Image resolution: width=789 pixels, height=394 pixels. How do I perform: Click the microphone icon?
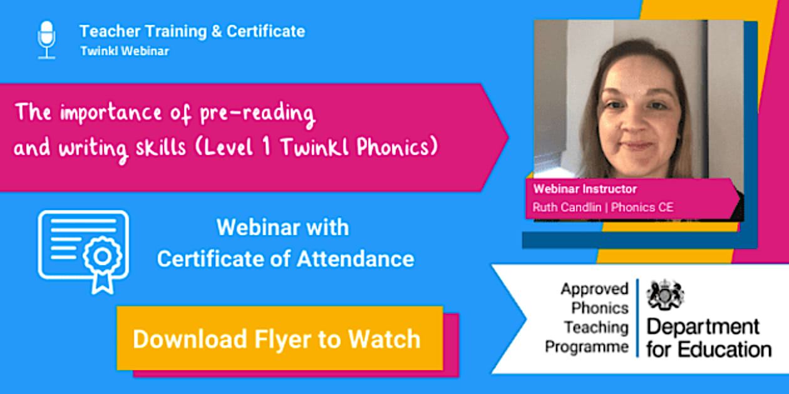46,39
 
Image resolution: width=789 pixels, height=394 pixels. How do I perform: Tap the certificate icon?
83,251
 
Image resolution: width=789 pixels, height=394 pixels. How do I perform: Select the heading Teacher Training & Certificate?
192,31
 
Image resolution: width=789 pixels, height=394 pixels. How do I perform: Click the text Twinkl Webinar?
125,51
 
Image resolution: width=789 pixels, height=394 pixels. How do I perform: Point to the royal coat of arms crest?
665,294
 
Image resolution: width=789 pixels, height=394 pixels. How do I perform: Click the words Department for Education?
708,337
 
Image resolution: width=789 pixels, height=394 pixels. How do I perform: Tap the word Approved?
594,289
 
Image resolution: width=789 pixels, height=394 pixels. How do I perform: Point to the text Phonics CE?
642,208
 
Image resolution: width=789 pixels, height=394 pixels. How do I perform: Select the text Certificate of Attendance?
286,258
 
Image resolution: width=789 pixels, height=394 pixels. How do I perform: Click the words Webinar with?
282,228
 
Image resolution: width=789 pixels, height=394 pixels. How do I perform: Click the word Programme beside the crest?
587,346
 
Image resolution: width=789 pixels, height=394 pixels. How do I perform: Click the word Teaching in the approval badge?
596,327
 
